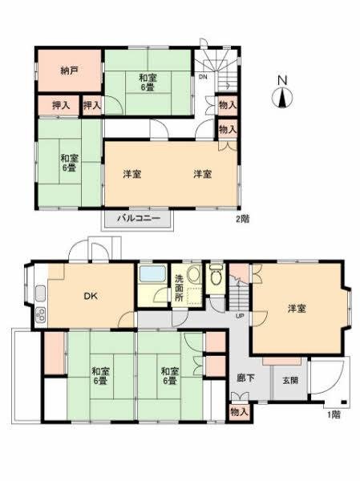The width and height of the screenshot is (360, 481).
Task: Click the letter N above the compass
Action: coord(282,80)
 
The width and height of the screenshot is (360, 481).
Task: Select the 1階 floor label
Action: coord(334,415)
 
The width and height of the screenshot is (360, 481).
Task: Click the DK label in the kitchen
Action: coord(91,296)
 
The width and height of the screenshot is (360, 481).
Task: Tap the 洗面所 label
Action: coord(180,287)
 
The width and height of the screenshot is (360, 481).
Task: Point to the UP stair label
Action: coord(239,316)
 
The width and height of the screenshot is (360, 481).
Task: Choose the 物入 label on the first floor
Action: coord(238,411)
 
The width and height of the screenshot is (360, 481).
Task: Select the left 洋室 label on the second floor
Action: coord(132,174)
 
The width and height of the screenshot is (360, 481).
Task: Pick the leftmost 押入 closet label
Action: coord(61,104)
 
